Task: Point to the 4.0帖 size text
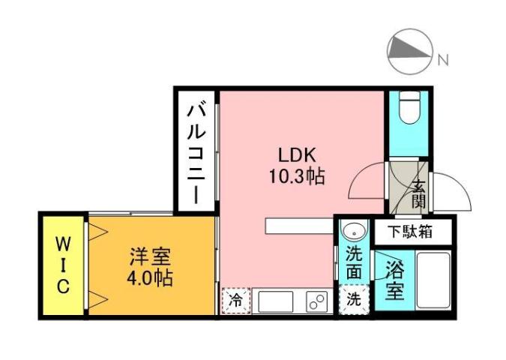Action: [149, 278]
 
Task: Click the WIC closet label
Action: [63, 264]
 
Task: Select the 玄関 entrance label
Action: [419, 194]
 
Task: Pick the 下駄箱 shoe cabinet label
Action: [409, 232]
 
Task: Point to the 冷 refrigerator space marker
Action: [235, 301]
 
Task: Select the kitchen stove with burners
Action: [316, 302]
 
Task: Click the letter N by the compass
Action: [443, 58]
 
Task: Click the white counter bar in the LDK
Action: [298, 225]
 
